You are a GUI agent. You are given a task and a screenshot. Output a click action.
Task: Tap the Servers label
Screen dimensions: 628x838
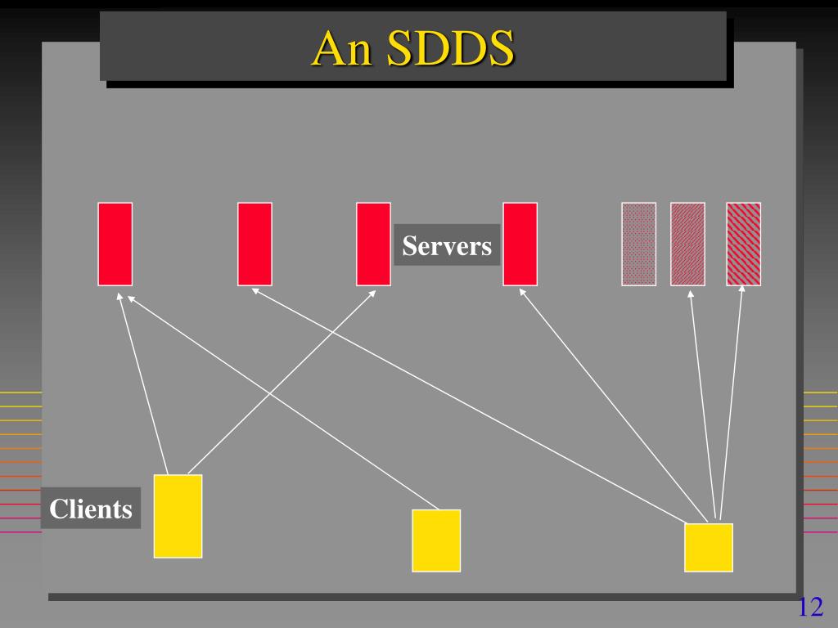click(x=447, y=245)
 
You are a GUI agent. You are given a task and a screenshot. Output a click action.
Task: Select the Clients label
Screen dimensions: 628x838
click(x=91, y=509)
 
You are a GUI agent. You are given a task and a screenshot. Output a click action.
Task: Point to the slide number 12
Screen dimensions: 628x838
click(x=809, y=608)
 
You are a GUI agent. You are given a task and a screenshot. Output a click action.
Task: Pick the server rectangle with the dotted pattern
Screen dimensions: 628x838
click(x=638, y=244)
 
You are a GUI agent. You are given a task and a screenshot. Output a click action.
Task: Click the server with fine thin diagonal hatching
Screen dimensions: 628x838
click(x=687, y=244)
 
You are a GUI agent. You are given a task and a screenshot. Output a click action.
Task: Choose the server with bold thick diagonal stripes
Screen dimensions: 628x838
click(x=743, y=244)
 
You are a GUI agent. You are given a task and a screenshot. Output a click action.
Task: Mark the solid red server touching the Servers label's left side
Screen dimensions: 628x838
click(x=373, y=244)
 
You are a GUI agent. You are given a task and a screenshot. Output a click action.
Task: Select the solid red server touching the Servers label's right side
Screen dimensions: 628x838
click(x=520, y=244)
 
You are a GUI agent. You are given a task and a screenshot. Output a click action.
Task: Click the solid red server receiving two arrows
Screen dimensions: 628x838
click(x=115, y=244)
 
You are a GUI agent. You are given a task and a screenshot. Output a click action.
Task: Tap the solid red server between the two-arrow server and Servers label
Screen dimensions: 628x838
click(x=255, y=244)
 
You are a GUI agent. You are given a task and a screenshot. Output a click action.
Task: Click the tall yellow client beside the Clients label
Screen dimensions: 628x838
click(x=178, y=516)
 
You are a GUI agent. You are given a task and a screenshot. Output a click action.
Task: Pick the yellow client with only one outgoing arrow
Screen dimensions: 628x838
click(x=436, y=540)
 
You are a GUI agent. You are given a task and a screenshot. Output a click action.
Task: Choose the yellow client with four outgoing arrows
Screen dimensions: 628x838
click(x=709, y=547)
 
